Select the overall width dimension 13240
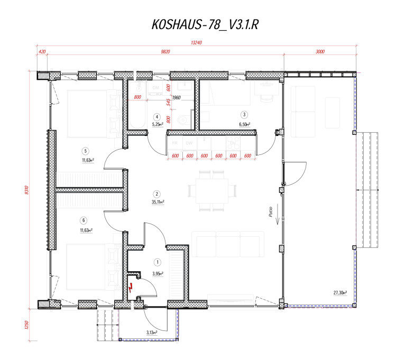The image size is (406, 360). (197, 43)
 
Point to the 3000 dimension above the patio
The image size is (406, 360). (319, 52)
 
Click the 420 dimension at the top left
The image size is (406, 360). (42, 52)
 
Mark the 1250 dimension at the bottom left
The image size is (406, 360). (25, 324)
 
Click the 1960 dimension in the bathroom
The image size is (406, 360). (177, 98)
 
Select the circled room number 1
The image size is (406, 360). (157, 262)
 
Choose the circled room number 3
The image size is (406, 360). (244, 114)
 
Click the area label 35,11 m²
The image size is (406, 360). (157, 202)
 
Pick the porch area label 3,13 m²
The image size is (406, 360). (152, 333)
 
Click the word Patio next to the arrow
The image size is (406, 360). (270, 212)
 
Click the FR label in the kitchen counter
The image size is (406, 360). (173, 143)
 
